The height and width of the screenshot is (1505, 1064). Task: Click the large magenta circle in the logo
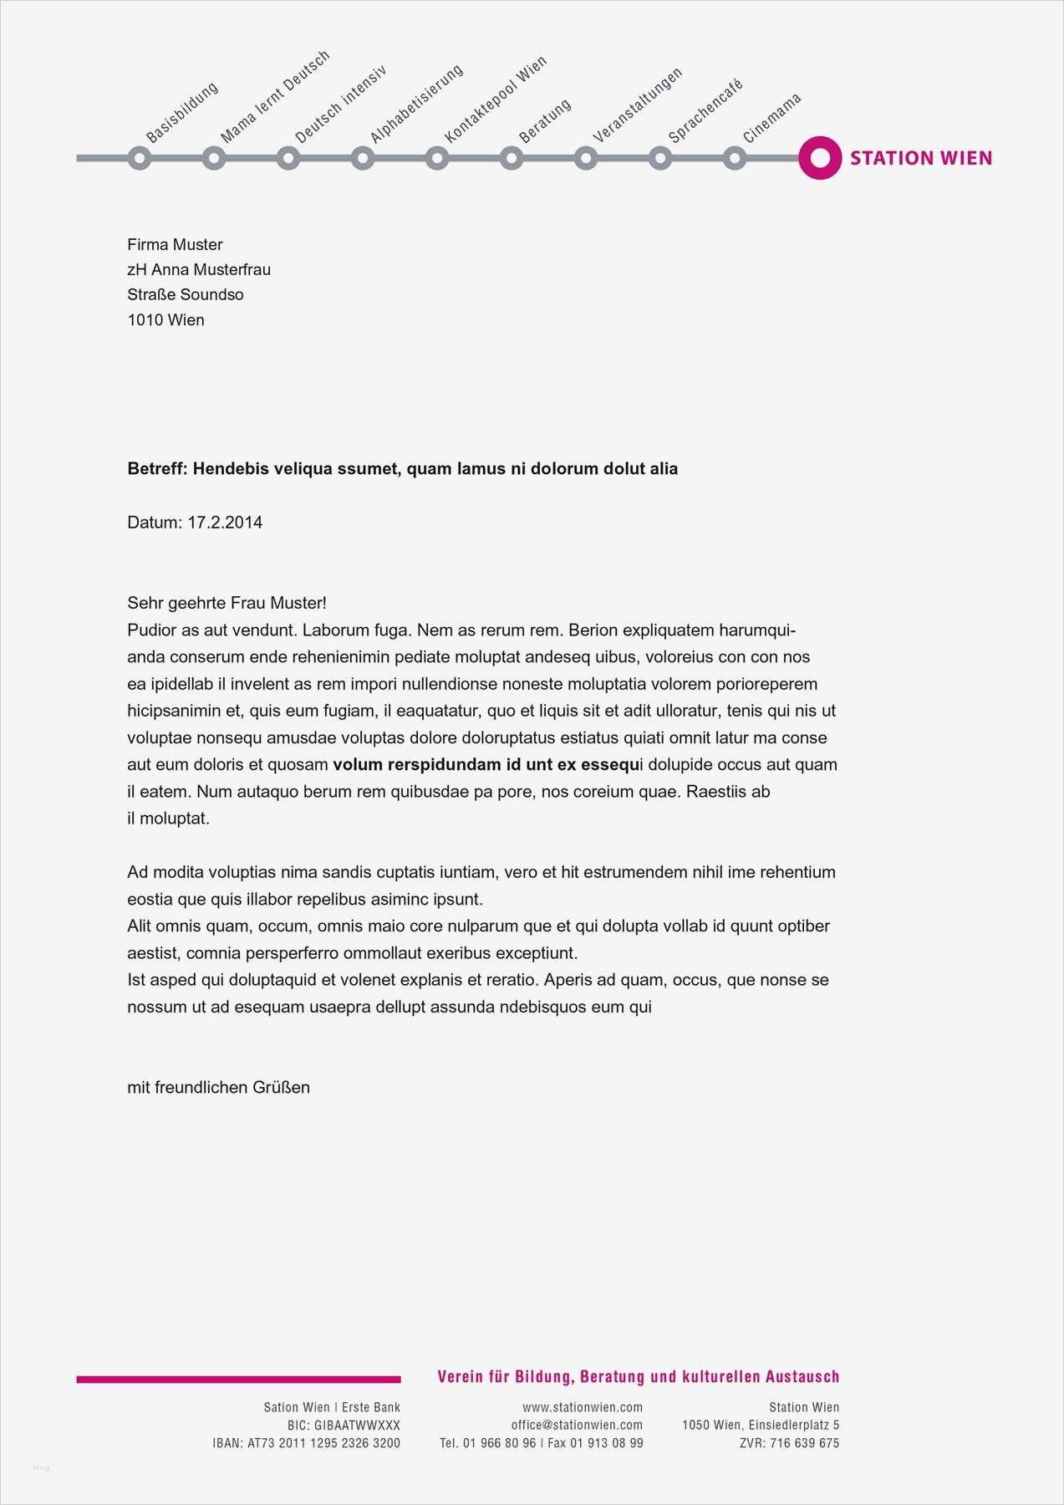click(819, 157)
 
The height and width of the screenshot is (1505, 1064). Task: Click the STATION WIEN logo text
click(920, 158)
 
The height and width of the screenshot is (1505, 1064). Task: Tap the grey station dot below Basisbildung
click(140, 157)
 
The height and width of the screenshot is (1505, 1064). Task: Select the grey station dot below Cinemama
click(734, 157)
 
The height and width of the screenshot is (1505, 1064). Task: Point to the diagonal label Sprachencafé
click(705, 110)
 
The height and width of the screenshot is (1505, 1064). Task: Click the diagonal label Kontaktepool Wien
click(495, 99)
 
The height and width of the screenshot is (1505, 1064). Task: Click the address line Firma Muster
click(175, 244)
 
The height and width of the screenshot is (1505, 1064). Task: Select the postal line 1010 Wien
click(165, 319)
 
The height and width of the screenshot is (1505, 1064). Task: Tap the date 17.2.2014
click(224, 523)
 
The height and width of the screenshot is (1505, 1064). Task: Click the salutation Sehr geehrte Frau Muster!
click(227, 603)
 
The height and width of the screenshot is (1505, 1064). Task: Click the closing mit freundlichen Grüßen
click(218, 1087)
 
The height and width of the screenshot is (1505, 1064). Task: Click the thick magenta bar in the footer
click(238, 1380)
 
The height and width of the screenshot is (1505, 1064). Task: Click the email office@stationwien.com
click(577, 1425)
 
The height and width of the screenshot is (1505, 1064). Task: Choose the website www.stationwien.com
click(583, 1407)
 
